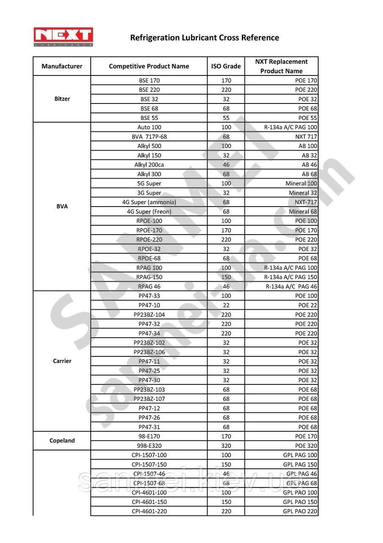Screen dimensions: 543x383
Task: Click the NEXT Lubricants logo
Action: (x=64, y=37)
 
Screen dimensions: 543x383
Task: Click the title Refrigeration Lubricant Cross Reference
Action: (x=204, y=38)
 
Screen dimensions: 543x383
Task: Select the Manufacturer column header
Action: (x=62, y=66)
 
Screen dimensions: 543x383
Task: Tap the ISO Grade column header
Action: (x=226, y=66)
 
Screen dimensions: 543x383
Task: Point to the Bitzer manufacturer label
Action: (x=62, y=99)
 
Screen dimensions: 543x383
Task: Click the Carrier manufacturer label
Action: (x=62, y=361)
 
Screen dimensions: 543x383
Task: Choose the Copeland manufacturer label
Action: (x=62, y=441)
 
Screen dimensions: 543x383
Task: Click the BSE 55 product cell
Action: (x=149, y=118)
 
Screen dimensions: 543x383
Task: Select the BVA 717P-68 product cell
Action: (x=149, y=137)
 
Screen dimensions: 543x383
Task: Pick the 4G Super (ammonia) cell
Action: (x=149, y=202)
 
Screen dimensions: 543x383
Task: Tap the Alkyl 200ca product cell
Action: (x=149, y=165)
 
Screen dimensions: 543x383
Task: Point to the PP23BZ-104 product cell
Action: (x=149, y=314)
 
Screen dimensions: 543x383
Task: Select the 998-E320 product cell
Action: (x=149, y=445)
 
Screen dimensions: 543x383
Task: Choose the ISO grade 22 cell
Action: (x=226, y=305)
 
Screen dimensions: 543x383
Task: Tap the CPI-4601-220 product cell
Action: (x=149, y=511)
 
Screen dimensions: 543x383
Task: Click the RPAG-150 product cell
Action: (x=149, y=277)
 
